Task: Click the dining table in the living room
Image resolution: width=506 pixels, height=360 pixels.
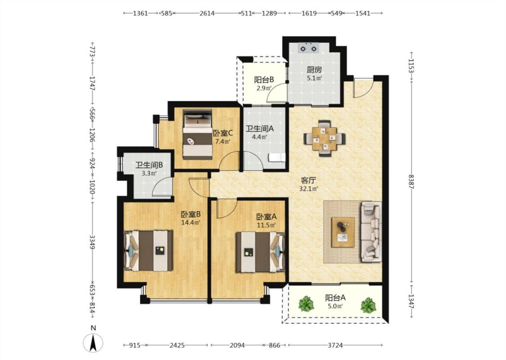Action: pyautogui.click(x=325, y=139)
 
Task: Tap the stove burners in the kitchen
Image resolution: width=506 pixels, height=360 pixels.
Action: pyautogui.click(x=309, y=48)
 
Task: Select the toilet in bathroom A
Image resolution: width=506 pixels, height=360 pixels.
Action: pyautogui.click(x=277, y=157)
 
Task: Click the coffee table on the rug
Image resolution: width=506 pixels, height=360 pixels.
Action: pyautogui.click(x=343, y=232)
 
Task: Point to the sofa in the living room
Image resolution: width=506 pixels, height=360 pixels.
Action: pyautogui.click(x=371, y=231)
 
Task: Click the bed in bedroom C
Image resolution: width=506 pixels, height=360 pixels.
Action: pyautogui.click(x=197, y=134)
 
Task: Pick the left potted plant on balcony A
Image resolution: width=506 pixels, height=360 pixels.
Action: pyautogui.click(x=306, y=304)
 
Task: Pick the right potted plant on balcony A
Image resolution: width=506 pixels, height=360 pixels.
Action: pyautogui.click(x=368, y=305)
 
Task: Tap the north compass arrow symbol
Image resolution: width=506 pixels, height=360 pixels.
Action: pyautogui.click(x=93, y=343)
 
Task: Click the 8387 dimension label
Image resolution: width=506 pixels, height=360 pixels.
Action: pyautogui.click(x=411, y=181)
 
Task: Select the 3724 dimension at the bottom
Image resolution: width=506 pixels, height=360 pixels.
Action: pyautogui.click(x=335, y=346)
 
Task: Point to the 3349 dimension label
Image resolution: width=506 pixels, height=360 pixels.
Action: pyautogui.click(x=92, y=242)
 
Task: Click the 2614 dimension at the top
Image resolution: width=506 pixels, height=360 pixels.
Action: pyautogui.click(x=207, y=13)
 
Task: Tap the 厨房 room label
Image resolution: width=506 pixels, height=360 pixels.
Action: pyautogui.click(x=314, y=69)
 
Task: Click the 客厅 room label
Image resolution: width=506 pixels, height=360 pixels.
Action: pyautogui.click(x=309, y=180)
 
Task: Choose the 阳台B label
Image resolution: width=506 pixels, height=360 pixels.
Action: pyautogui.click(x=264, y=80)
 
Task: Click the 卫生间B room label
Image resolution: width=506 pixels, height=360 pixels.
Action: pyautogui.click(x=149, y=165)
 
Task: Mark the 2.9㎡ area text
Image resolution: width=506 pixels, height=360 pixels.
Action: pyautogui.click(x=264, y=88)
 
